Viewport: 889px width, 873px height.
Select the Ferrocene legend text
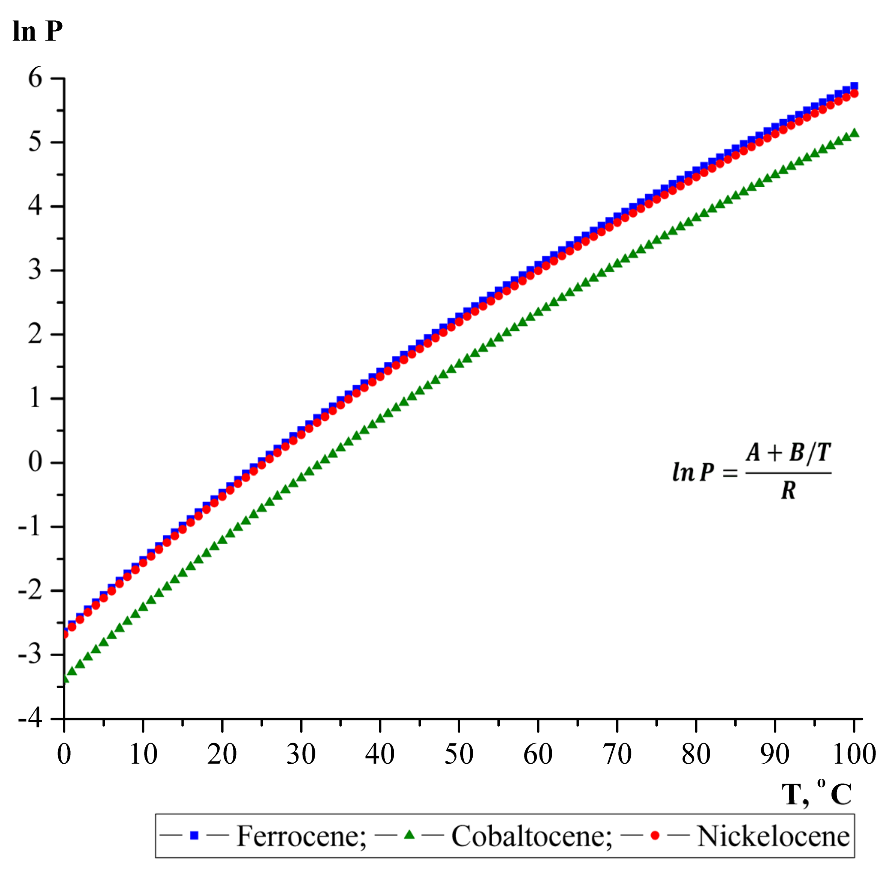coord(301,836)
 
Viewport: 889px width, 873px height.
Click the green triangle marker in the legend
coord(409,835)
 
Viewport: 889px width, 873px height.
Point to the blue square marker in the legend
coord(194,836)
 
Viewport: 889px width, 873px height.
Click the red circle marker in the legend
coord(655,836)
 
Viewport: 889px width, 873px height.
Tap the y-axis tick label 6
coord(35,77)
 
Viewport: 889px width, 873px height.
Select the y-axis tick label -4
coord(30,719)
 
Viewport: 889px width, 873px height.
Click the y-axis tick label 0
coord(35,462)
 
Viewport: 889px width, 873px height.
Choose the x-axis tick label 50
coord(459,754)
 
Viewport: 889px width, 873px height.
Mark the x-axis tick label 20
coord(222,754)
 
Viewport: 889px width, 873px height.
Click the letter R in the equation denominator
coord(788,491)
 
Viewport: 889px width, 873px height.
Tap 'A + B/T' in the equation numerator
coord(788,453)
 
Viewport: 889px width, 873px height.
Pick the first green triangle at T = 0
coord(65,678)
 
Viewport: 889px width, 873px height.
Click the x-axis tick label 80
coord(696,754)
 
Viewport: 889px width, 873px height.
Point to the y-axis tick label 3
coord(35,270)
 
